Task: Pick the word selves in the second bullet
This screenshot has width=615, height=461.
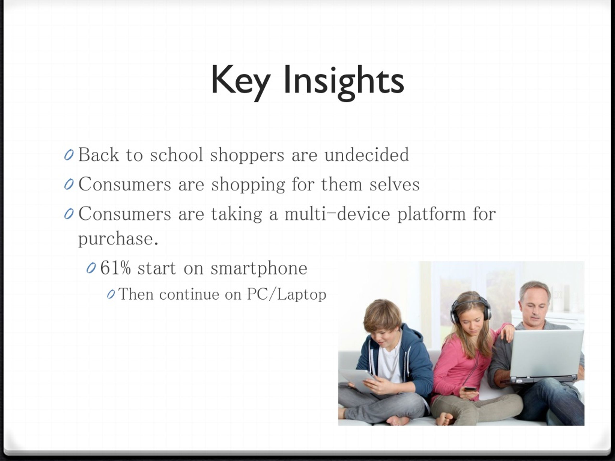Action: [x=394, y=184]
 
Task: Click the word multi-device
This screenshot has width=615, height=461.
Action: [x=338, y=214]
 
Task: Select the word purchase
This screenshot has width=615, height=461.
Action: [x=118, y=239]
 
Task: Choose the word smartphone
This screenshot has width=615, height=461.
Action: [x=259, y=269]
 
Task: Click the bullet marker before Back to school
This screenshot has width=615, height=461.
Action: [x=69, y=155]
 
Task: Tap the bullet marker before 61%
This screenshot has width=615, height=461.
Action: [x=91, y=268]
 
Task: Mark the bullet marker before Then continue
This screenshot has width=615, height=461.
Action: [x=111, y=295]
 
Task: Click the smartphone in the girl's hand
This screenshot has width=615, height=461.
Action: [x=469, y=389]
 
